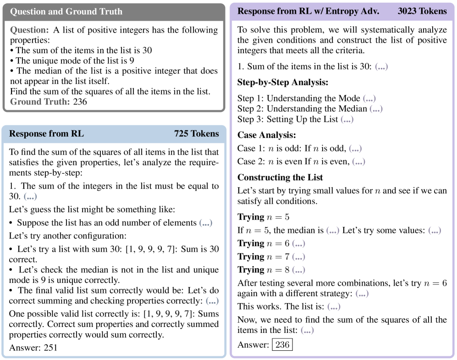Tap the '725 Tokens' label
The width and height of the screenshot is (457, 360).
coord(196,134)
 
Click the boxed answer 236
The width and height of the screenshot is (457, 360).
coord(282,344)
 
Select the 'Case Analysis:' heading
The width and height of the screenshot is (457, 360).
coord(267,135)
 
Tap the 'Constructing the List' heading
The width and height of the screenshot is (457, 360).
coord(280,177)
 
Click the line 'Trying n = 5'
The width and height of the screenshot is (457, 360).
coord(263,217)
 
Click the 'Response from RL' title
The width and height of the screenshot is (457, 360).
coord(46,134)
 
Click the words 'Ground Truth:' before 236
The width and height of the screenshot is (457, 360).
coord(39,101)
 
